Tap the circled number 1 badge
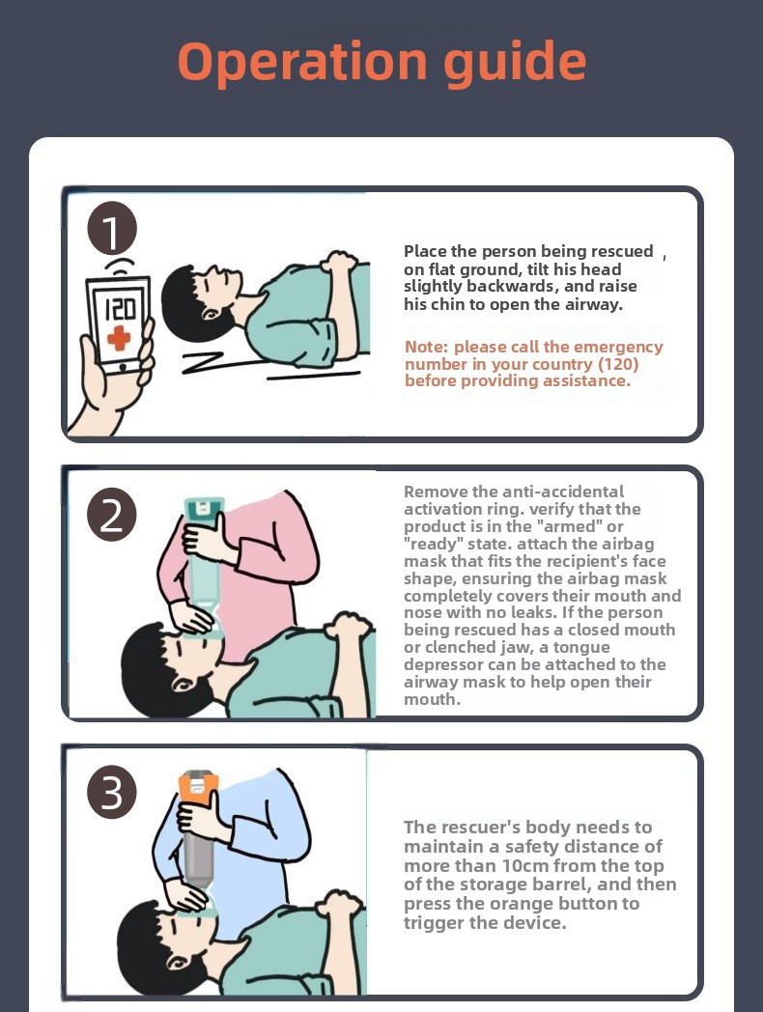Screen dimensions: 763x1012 [x=112, y=229]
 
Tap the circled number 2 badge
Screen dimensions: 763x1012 [x=112, y=515]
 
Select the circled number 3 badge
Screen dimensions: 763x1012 [x=112, y=793]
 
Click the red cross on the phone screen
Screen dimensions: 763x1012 [x=119, y=338]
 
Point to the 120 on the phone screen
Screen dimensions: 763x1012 [x=120, y=308]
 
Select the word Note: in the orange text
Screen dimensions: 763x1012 [x=426, y=348]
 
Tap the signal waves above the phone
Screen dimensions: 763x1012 [x=120, y=267]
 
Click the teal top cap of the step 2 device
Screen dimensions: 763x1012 [x=204, y=507]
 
